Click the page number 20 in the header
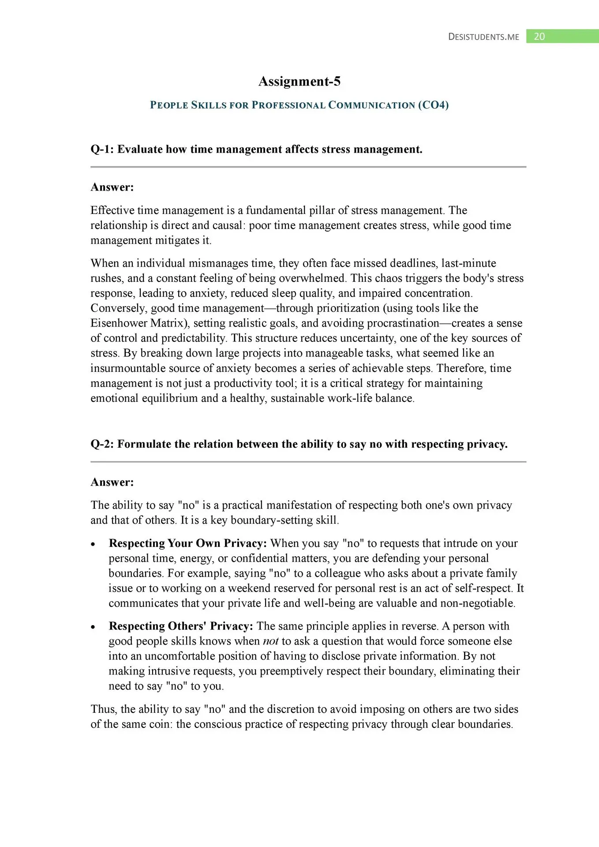click(539, 37)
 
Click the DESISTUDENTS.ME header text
click(483, 37)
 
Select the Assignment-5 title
click(299, 82)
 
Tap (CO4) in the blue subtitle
click(433, 105)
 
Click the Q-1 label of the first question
click(102, 150)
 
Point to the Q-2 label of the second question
click(102, 444)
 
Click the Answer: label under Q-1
click(112, 187)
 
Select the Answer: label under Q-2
click(112, 482)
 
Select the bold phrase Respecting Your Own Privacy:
click(187, 543)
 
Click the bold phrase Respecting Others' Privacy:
click(181, 626)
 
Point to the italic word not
click(270, 641)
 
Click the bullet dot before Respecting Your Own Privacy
click(93, 544)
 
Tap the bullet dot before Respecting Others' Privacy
click(93, 627)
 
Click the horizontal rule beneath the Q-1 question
click(308, 167)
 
